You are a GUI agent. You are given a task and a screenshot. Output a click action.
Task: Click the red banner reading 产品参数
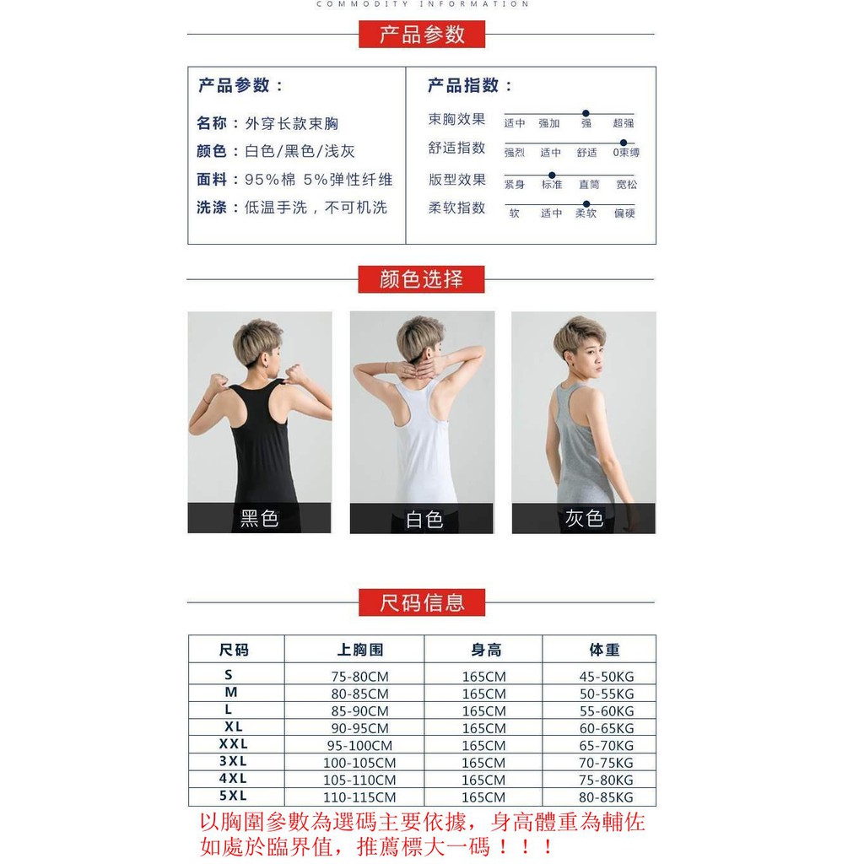click(422, 35)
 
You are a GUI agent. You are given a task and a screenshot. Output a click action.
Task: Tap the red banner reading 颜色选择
click(421, 279)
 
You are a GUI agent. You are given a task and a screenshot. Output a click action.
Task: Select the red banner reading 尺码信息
click(422, 602)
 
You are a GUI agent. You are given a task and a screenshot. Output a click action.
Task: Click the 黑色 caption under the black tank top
click(259, 518)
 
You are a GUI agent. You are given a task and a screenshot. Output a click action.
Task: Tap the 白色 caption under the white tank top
click(424, 519)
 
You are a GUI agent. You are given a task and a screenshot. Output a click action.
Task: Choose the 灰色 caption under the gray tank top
click(584, 518)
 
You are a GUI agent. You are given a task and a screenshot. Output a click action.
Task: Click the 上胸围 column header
click(360, 650)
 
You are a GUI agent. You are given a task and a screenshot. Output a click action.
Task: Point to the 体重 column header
click(604, 650)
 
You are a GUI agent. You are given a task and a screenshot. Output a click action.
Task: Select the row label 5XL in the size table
click(232, 796)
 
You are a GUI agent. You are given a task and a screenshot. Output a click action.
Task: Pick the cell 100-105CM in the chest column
click(359, 763)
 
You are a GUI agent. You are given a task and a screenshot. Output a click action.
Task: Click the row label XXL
click(233, 744)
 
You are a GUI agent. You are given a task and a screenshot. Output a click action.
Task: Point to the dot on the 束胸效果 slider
click(586, 113)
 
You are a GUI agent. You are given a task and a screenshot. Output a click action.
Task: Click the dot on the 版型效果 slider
click(552, 175)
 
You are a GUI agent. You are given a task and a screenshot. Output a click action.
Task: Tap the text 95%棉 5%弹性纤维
click(319, 180)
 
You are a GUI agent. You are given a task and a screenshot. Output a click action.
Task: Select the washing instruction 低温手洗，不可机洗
click(316, 208)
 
